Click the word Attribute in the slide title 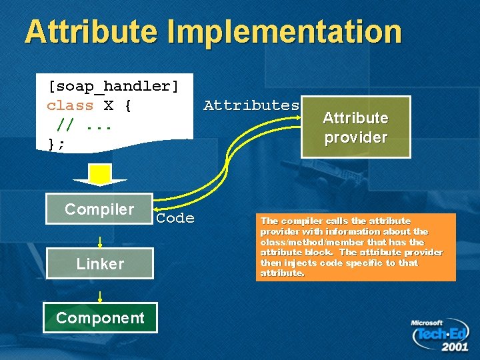[x=91, y=31]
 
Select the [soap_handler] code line [x=113, y=86]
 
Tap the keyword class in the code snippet [x=70, y=105]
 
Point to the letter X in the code [x=108, y=105]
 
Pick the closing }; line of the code [x=56, y=143]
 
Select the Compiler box [x=99, y=209]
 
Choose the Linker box [x=100, y=263]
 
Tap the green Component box [x=100, y=317]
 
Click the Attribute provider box [x=355, y=127]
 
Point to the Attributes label [x=251, y=105]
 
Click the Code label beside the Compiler [x=175, y=218]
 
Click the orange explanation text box [x=355, y=247]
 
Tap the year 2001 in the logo [x=455, y=347]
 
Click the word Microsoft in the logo [x=427, y=323]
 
